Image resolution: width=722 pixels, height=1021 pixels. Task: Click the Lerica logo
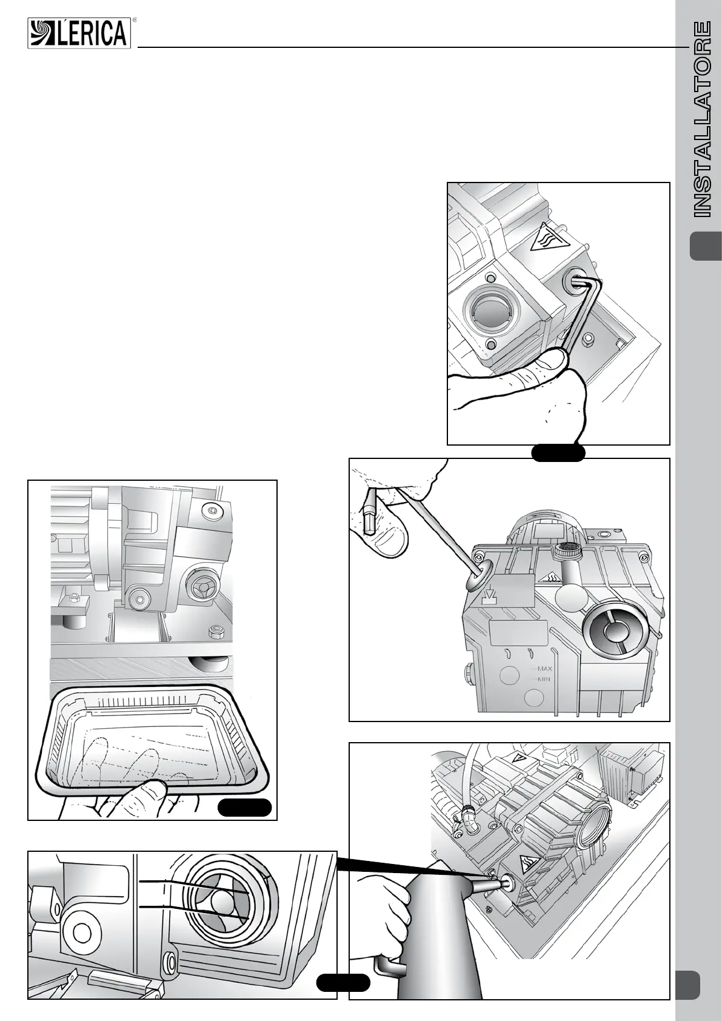tap(79, 33)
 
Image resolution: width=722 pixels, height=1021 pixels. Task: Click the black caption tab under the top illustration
tap(558, 452)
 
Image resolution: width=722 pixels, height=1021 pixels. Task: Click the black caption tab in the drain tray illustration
tap(244, 808)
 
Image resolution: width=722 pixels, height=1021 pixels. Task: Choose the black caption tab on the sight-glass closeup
tap(343, 983)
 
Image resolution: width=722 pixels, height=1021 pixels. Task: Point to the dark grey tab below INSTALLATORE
tap(706, 246)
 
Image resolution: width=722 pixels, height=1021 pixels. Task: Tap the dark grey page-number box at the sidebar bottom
tap(687, 985)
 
